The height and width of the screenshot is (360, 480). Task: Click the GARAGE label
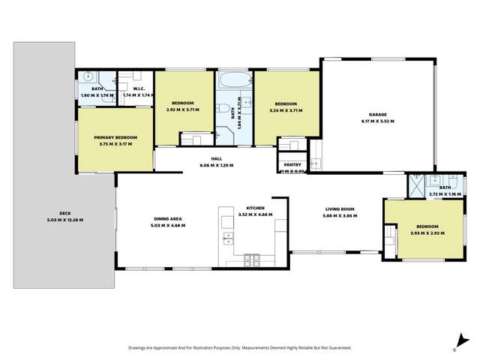coord(377,115)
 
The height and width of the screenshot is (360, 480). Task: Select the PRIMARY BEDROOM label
coord(115,137)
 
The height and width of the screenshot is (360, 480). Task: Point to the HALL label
coord(216,159)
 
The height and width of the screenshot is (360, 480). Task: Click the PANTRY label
coord(292,166)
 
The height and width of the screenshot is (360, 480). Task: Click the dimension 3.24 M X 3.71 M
coord(285,109)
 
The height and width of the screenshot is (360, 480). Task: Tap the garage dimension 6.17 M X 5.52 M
coord(377,121)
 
